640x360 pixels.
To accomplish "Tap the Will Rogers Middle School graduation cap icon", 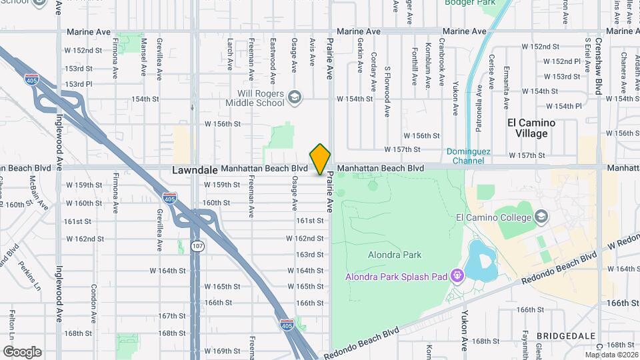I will (x=294, y=99).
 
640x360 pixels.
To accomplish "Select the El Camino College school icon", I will (x=542, y=217).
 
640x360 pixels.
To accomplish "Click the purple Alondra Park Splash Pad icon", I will (x=457, y=275).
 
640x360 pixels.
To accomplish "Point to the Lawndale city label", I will (x=195, y=170).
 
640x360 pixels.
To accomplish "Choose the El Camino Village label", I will (x=531, y=128).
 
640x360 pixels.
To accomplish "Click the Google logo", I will (x=22, y=351).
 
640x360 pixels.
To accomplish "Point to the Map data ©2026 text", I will (x=611, y=355).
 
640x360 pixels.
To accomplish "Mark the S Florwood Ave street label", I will (x=387, y=83).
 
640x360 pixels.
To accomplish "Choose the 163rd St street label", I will (x=310, y=255).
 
